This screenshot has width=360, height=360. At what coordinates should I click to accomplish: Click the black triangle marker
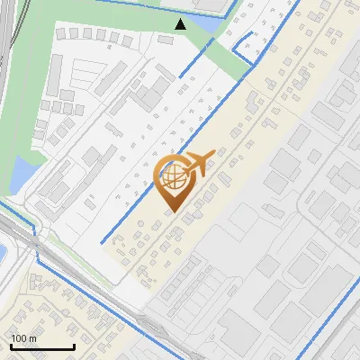[181, 24]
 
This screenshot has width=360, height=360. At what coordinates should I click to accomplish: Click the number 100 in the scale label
[19, 338]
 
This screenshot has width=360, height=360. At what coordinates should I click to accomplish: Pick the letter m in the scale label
[33, 338]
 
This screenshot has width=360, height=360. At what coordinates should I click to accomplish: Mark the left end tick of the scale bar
[11, 346]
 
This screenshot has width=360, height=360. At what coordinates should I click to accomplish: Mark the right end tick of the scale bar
[74, 346]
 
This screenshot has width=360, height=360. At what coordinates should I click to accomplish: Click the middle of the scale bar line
[42, 347]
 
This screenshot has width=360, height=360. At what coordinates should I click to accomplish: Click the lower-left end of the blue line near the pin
[102, 241]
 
